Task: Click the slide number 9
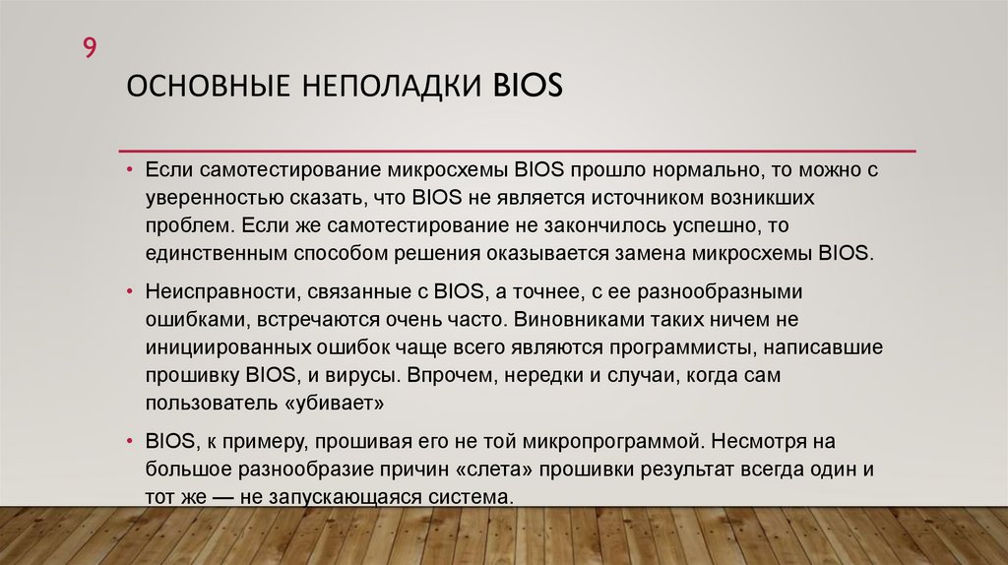[x=89, y=48]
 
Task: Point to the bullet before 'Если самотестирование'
[x=131, y=169]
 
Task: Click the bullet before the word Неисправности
[x=131, y=293]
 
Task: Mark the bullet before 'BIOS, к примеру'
[x=131, y=441]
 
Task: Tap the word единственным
[x=217, y=252]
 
